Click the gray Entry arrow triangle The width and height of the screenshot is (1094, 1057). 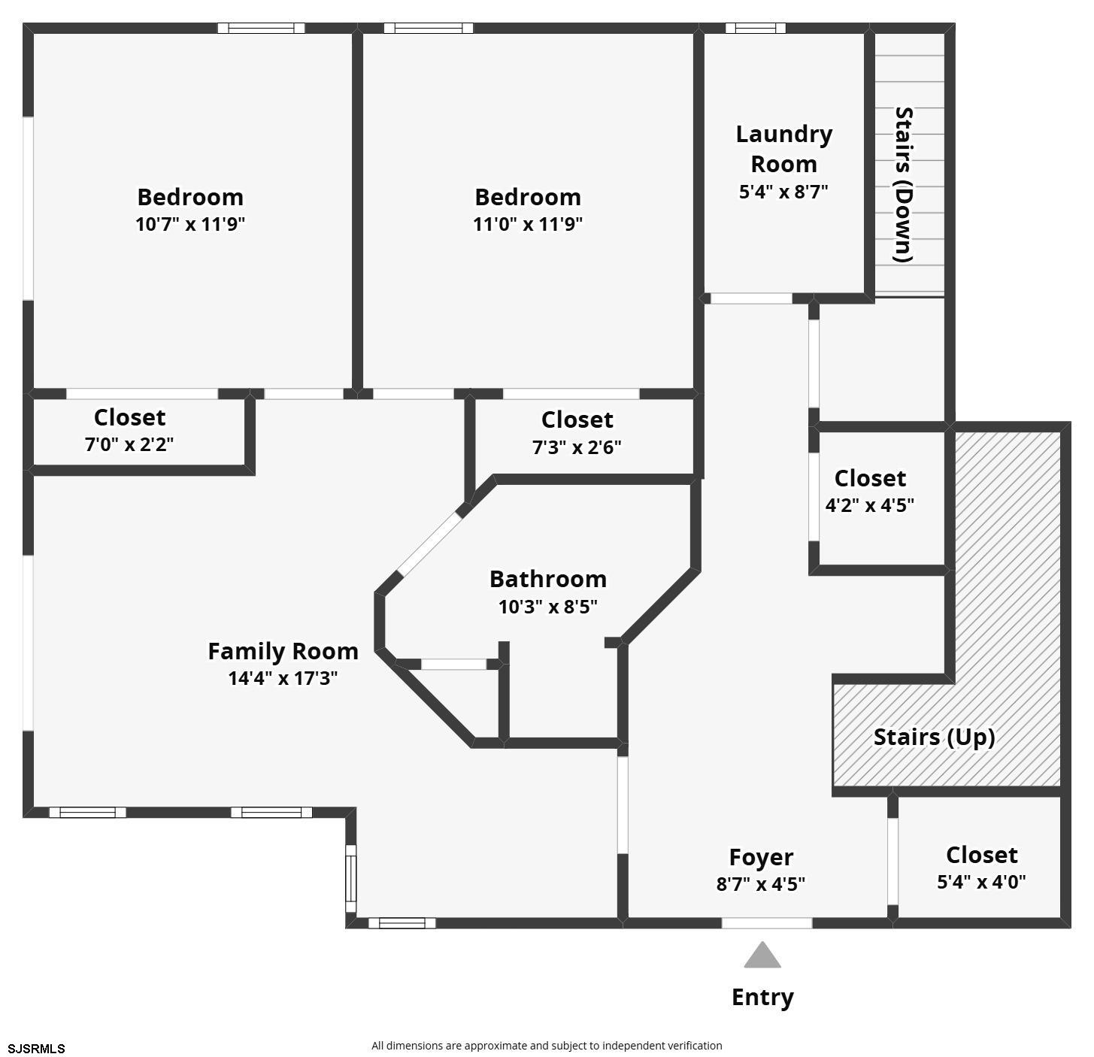coord(762,956)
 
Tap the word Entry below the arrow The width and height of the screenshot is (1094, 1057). coord(762,998)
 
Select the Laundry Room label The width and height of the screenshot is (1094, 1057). coord(783,149)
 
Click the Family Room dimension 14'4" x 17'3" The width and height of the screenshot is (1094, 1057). coord(283,678)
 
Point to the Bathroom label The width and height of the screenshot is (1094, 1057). coord(547,579)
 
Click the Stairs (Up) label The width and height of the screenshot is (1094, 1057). coord(934,737)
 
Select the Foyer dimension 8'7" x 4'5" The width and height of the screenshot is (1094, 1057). coord(760,884)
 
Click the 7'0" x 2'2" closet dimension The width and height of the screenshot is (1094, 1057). coord(129,444)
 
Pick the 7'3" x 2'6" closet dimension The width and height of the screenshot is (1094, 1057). coord(577,447)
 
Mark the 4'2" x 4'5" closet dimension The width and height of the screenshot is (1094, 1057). coord(870,505)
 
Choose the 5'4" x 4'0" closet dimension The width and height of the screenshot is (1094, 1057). coord(981,882)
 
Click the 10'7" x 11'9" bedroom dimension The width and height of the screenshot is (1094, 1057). coord(190,224)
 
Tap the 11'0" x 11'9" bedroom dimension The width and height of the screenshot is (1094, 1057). coord(528,224)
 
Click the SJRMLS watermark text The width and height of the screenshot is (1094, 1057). coord(37,1048)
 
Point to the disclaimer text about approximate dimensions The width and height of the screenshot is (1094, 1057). coord(547,1046)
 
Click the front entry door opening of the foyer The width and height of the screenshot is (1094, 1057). coord(766,923)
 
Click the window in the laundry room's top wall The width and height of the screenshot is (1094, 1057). coord(755,29)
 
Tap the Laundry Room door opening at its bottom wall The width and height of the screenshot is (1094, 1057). coord(751,298)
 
